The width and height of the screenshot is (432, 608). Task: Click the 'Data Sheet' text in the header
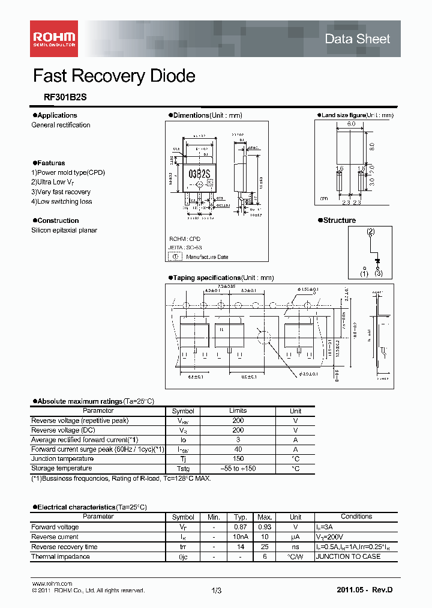(357, 39)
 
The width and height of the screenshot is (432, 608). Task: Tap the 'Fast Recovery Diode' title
(114, 76)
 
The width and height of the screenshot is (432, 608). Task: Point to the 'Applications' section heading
(56, 115)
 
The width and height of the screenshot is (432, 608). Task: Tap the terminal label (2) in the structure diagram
(371, 231)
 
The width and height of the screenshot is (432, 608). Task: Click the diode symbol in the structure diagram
(377, 261)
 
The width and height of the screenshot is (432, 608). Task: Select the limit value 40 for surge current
(238, 449)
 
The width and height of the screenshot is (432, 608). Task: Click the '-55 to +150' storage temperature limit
(238, 469)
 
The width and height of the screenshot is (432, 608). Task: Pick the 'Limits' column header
(238, 411)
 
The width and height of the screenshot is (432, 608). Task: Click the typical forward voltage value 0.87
(241, 527)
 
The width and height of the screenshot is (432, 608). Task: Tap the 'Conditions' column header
(356, 517)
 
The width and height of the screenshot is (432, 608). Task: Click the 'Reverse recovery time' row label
(64, 547)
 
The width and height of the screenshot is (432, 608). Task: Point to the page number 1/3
(217, 591)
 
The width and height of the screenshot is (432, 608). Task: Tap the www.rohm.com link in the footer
(52, 583)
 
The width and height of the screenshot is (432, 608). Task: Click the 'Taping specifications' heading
(206, 278)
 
